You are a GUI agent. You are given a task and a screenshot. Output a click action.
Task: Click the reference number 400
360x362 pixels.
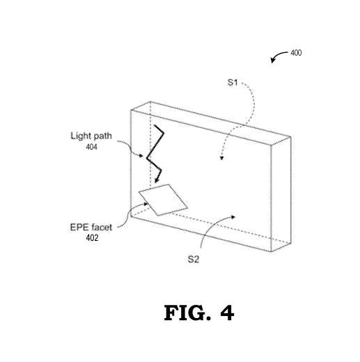tap(296, 53)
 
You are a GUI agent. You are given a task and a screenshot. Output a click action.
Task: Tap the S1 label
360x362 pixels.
tap(234, 83)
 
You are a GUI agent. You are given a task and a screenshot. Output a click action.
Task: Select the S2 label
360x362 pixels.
tap(194, 259)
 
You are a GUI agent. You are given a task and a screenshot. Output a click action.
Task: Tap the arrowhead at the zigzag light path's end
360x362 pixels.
tap(156, 183)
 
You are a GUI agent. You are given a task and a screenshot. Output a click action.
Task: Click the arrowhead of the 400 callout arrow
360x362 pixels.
tap(273, 61)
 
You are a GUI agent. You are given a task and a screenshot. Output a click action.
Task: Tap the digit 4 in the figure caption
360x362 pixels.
tap(226, 314)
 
